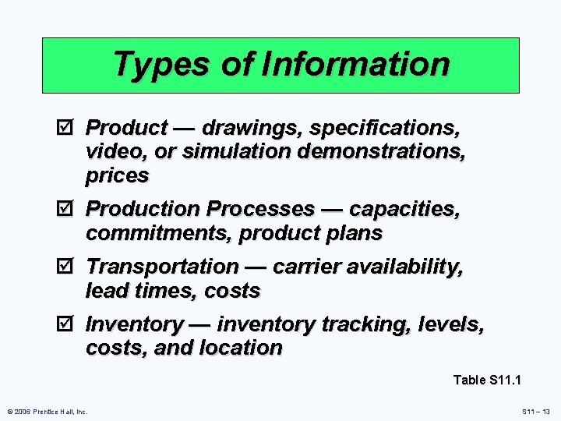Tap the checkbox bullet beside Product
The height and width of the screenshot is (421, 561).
[68, 126]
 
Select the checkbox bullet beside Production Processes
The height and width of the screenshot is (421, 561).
[68, 209]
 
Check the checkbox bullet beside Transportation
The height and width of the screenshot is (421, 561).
[68, 267]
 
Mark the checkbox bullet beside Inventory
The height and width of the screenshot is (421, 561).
[68, 324]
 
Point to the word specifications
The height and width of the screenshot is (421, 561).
[382, 127]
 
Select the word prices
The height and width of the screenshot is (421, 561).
[117, 176]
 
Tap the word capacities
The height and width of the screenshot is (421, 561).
[404, 209]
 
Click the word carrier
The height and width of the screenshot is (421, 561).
[313, 267]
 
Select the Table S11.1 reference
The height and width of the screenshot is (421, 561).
[487, 380]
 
